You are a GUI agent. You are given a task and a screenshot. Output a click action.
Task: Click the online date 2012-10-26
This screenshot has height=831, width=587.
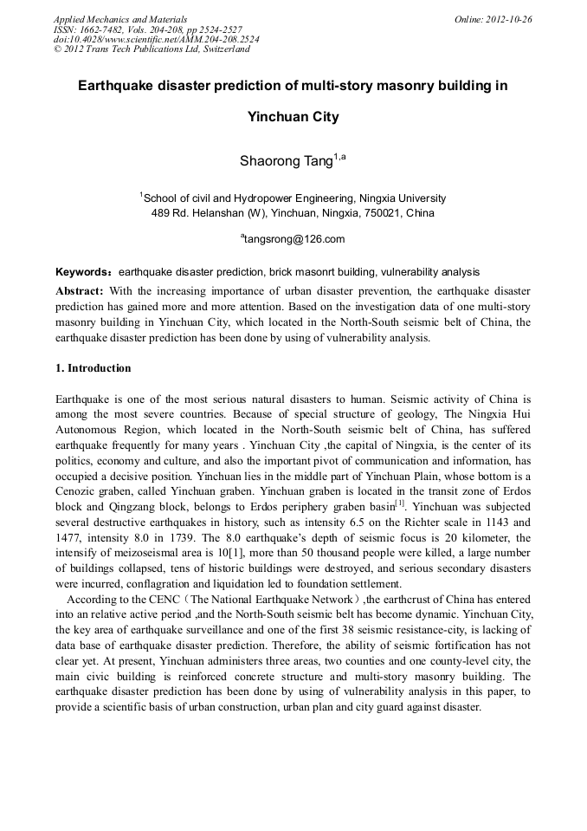point(512,19)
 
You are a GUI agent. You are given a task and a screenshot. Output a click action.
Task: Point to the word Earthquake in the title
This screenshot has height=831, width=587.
point(116,87)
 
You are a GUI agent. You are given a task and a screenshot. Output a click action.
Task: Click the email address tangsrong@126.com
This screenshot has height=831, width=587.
point(294,239)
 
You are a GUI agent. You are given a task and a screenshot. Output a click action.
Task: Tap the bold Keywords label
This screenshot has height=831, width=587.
point(83,272)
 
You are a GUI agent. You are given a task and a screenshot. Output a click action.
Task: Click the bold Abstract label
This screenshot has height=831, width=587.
point(80,290)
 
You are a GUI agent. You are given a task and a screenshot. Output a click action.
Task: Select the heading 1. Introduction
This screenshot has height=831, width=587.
point(94,368)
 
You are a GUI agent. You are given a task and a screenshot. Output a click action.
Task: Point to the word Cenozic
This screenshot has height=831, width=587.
point(77,490)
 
